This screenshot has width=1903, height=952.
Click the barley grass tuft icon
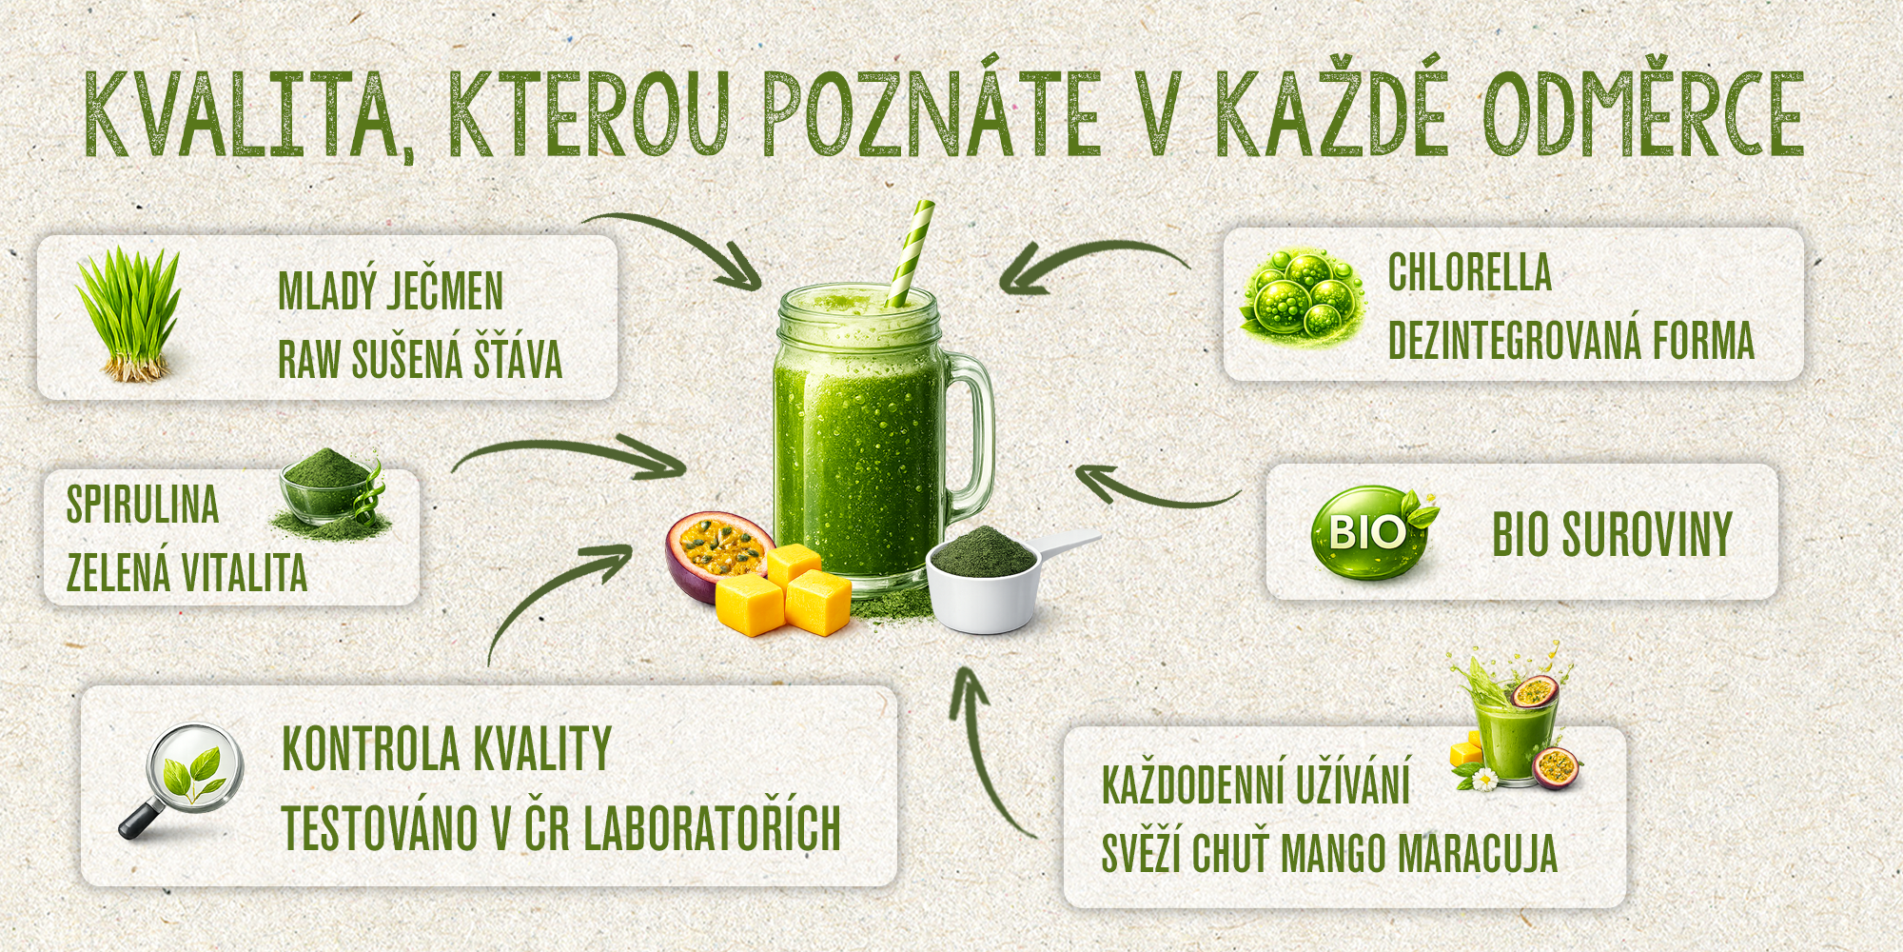click(128, 314)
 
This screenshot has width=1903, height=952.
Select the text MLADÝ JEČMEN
click(390, 290)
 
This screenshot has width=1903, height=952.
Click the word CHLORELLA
click(1469, 272)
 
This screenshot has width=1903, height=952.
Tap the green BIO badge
click(1371, 532)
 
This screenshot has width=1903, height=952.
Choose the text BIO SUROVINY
click(1612, 533)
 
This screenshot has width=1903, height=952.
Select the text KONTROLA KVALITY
click(446, 749)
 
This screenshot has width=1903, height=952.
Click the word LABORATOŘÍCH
click(712, 827)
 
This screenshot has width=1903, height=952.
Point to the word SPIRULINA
click(143, 505)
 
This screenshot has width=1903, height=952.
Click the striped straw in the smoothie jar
click(908, 253)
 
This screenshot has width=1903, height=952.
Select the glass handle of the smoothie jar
click(975, 438)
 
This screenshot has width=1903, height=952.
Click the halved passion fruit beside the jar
click(718, 556)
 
